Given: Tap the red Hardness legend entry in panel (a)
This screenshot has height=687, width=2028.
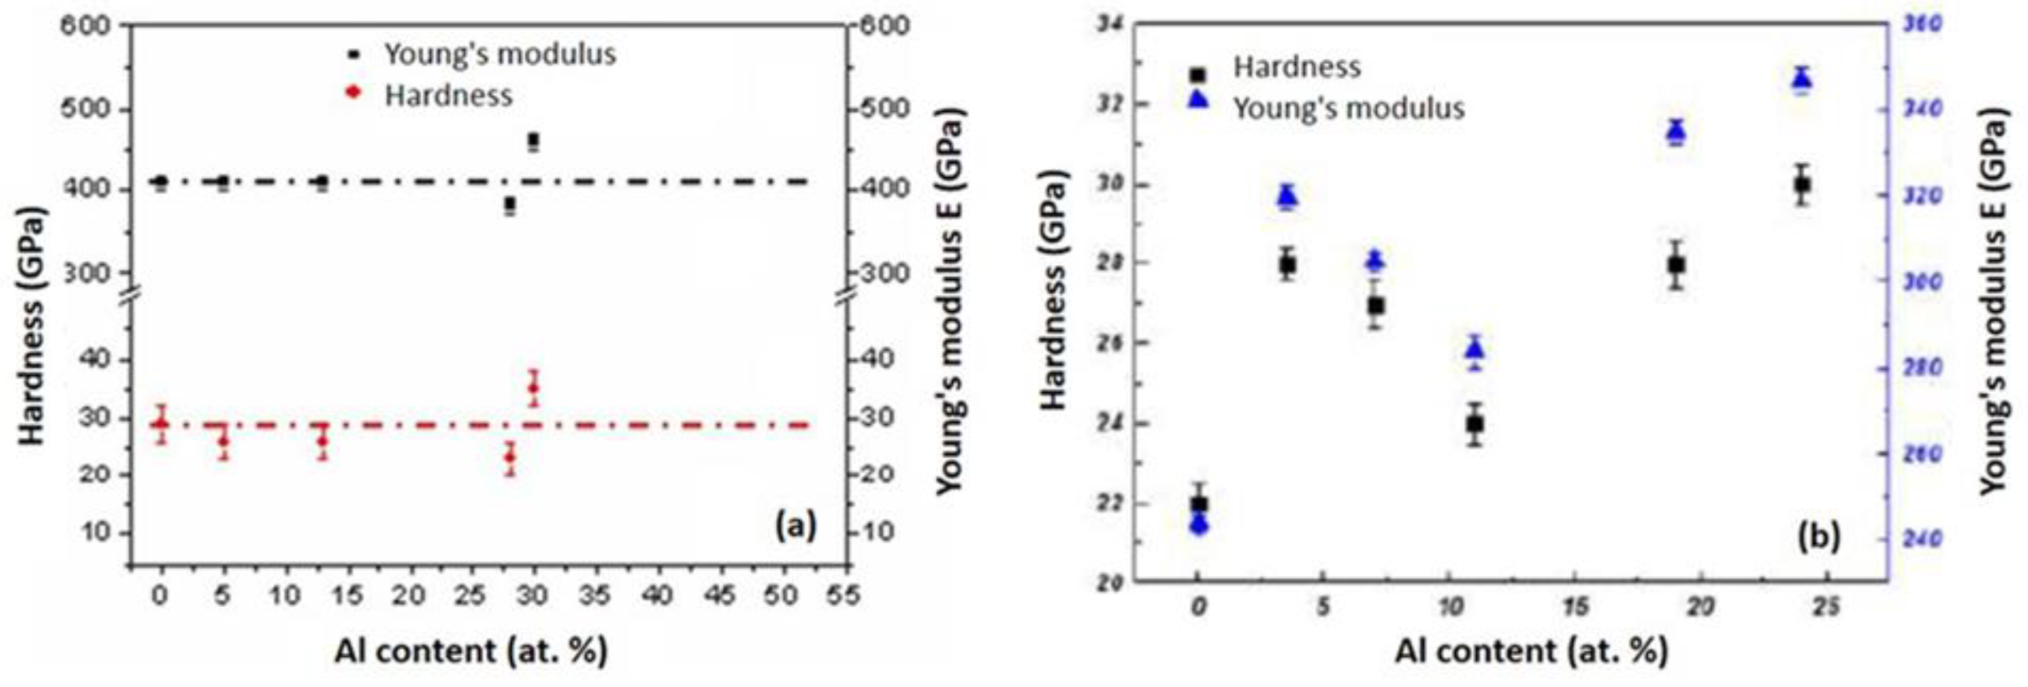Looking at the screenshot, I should tap(447, 95).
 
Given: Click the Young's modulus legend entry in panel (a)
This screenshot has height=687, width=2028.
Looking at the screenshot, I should tap(499, 54).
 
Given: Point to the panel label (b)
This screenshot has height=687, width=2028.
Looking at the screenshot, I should tap(1819, 535).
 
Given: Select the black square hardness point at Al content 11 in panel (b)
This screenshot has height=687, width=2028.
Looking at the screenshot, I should tap(1475, 424).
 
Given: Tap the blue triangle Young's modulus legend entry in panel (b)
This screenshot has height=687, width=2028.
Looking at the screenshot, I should tap(1348, 108).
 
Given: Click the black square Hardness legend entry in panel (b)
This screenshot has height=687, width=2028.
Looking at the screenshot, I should tap(1296, 67).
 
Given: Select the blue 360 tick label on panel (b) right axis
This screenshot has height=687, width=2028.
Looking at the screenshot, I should tap(1921, 25).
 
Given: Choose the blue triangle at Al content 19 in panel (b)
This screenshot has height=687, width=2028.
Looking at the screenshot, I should tap(1676, 130).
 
